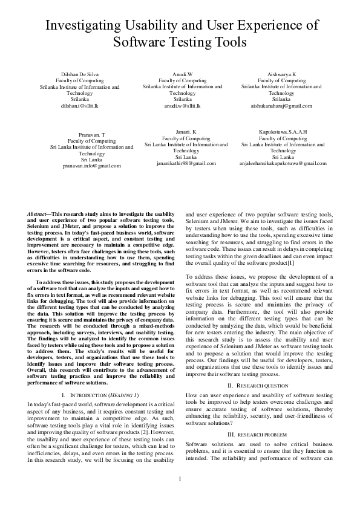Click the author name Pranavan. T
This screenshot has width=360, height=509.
(92, 134)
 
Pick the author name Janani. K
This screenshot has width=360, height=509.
(186, 131)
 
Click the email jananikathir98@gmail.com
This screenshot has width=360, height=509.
(186, 163)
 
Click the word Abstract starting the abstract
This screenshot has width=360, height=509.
(40, 214)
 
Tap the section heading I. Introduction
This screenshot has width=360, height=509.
(100, 394)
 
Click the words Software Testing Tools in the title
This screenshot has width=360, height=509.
(180, 42)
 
